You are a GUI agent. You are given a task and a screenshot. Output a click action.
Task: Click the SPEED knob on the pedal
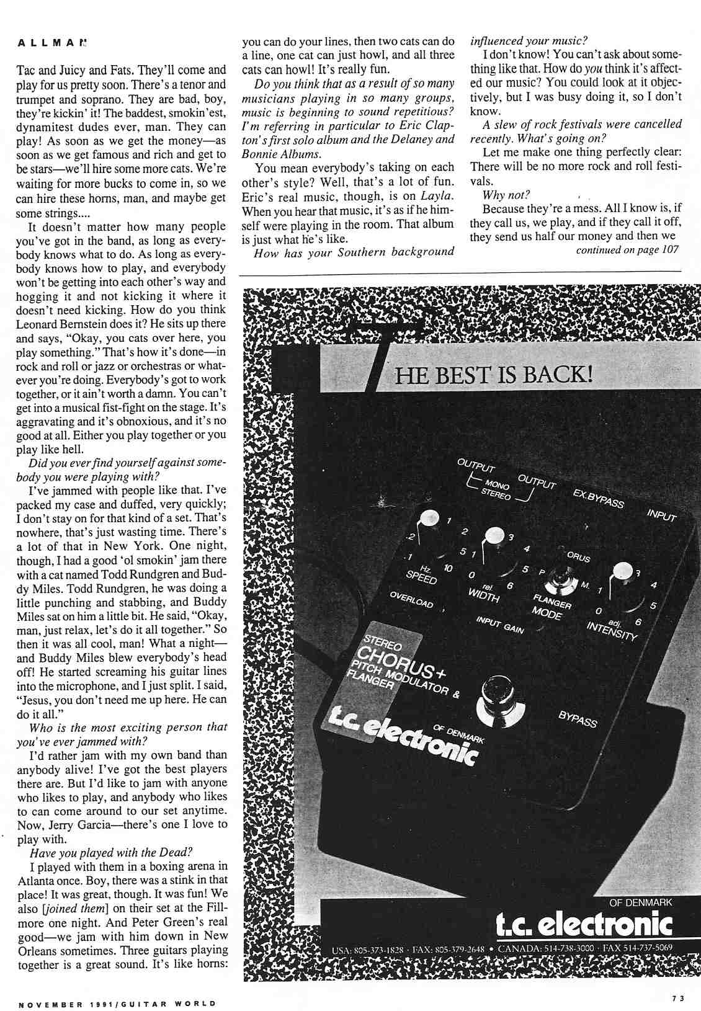426,519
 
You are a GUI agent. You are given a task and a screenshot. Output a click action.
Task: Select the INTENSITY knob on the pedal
622,570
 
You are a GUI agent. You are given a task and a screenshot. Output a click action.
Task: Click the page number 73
677,998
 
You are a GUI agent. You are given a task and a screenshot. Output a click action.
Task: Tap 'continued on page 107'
627,250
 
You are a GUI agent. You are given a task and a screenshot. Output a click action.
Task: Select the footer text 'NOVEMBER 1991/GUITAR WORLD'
117,1003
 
